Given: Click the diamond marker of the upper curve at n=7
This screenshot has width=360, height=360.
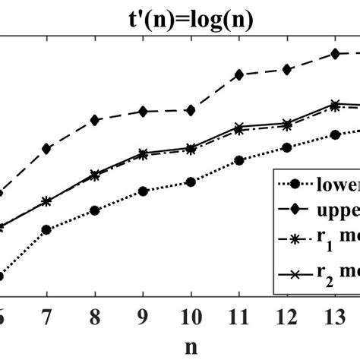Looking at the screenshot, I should click(x=47, y=148).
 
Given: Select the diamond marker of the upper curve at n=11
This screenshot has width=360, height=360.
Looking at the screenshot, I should click(x=238, y=74).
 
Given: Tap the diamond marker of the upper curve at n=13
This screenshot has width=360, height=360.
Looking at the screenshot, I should click(x=334, y=54).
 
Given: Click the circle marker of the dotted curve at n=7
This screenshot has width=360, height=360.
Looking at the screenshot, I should click(x=47, y=229).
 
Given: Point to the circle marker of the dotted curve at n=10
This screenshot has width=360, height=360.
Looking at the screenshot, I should click(x=191, y=182).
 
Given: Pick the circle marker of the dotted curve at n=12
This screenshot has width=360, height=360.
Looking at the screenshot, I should click(x=286, y=148).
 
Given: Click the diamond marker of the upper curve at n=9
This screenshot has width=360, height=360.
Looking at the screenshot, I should click(x=143, y=112).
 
